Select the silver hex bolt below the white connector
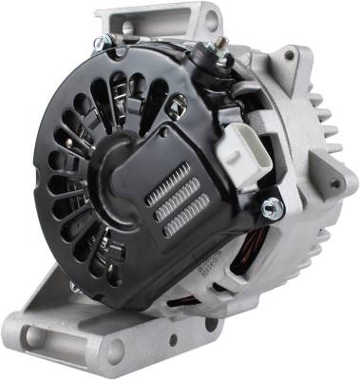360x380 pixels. point(269,206)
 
